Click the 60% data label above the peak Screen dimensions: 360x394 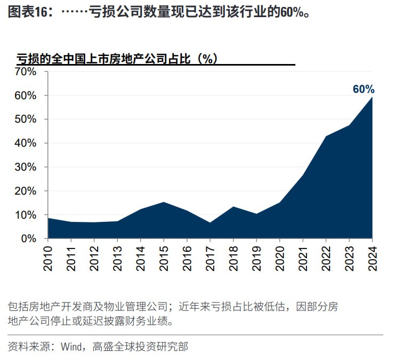point(364,89)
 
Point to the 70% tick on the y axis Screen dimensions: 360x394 point(26,71)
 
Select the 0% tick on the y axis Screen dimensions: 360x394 point(29,238)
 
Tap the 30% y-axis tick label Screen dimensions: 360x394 point(26,167)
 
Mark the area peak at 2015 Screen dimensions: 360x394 point(164,202)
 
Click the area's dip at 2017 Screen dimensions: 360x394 point(210,222)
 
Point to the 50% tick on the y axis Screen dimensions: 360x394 point(26,119)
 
